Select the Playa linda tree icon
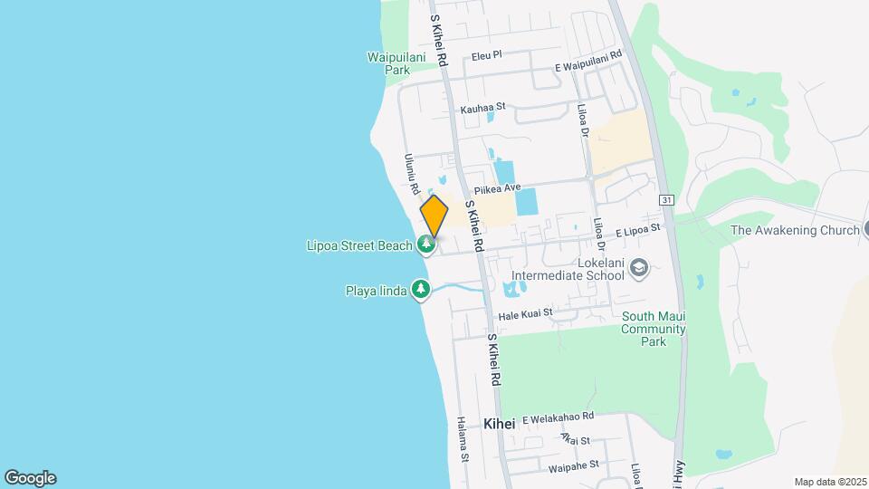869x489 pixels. coord(420,290)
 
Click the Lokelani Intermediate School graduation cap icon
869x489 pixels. coord(640,267)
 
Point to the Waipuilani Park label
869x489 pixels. coord(389,62)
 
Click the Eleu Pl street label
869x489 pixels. coord(486,56)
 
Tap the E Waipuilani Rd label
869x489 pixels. coord(589,61)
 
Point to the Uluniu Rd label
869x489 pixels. coord(410,172)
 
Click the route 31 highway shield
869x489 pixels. coord(667,199)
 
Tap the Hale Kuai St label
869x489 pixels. coord(526,312)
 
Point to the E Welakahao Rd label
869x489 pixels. coord(558,417)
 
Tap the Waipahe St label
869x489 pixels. coord(574,465)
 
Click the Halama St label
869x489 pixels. coord(463,438)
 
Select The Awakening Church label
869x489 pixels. coord(795,230)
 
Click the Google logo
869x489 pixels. coord(30,478)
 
